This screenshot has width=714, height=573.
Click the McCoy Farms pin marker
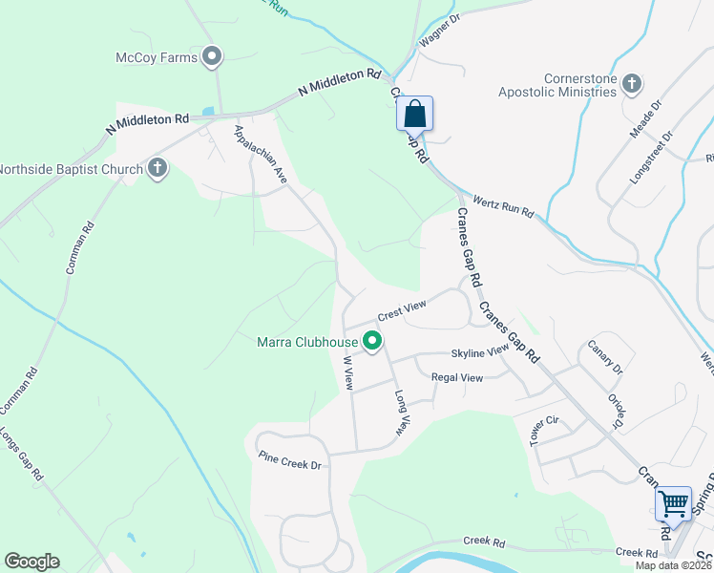click(x=213, y=57)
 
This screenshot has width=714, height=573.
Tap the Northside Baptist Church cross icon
click(x=158, y=170)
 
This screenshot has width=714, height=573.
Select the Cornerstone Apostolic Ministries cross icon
click(x=630, y=84)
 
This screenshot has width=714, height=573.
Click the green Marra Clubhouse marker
click(x=371, y=340)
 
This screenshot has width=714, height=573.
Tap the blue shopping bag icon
click(x=415, y=114)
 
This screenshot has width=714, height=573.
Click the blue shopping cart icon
click(x=673, y=503)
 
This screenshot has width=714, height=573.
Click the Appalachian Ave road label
click(x=261, y=152)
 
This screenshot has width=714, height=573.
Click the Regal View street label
click(x=457, y=378)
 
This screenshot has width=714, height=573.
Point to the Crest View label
click(x=401, y=309)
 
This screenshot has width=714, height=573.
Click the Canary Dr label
click(x=604, y=356)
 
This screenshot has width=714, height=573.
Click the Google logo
click(x=31, y=562)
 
